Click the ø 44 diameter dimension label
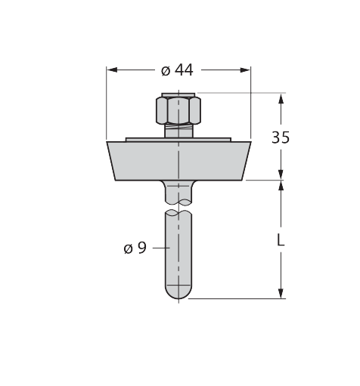coord(177,70)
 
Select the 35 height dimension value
coord(281,137)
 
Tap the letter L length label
coord(281,239)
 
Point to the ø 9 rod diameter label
coord(135,248)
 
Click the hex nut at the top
coord(178,110)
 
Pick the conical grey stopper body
coord(178,161)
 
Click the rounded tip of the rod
coord(178,292)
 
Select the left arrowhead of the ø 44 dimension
coord(112,70)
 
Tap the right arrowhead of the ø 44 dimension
coord(245,70)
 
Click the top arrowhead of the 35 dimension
coord(281,98)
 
